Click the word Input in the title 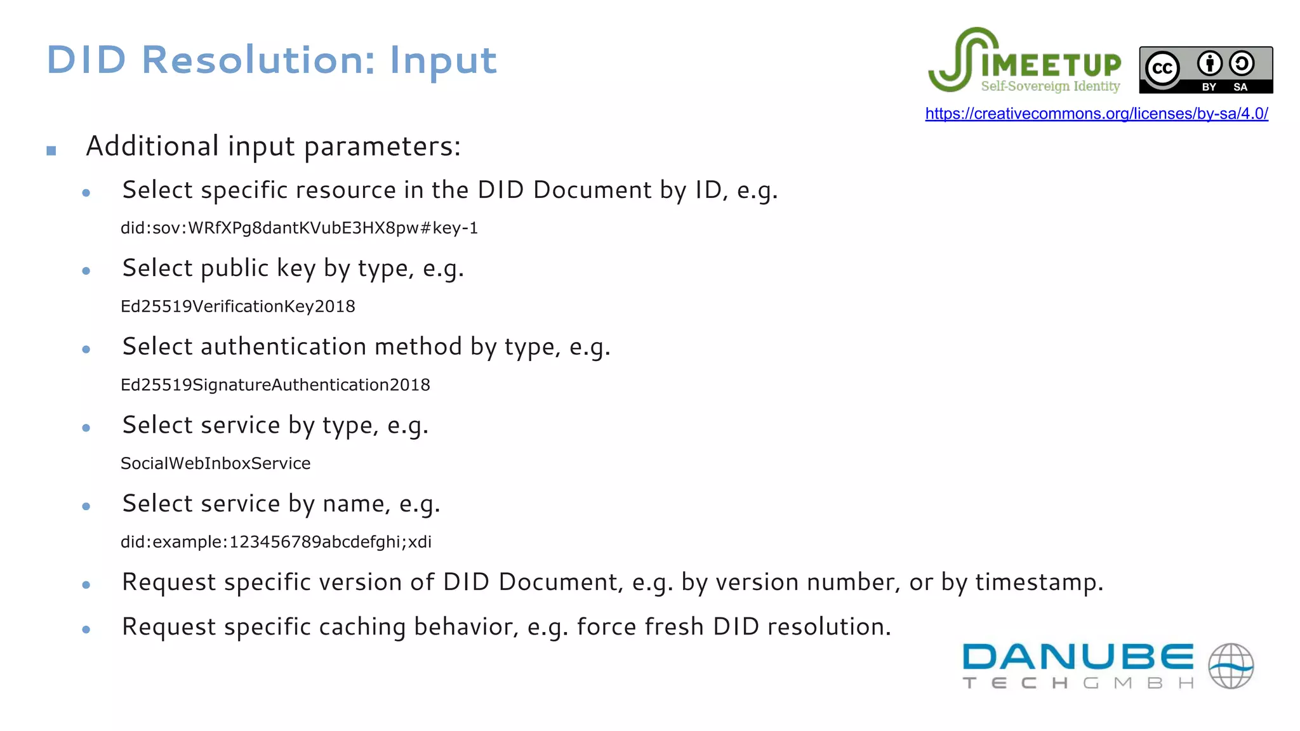click(443, 62)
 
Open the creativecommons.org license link click(1096, 114)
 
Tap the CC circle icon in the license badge click(1162, 68)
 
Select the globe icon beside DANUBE click(1231, 666)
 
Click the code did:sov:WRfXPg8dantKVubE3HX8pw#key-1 click(299, 228)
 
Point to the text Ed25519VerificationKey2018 click(238, 306)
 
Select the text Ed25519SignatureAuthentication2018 click(275, 385)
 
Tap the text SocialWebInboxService click(216, 464)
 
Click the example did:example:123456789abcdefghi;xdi click(276, 542)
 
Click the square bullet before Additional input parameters click(51, 150)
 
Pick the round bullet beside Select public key click(86, 271)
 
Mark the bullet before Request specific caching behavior click(86, 629)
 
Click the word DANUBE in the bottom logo click(1077, 657)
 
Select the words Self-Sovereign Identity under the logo click(1051, 86)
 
